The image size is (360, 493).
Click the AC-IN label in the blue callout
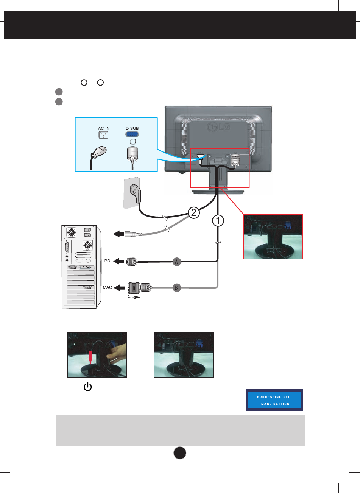pos(104,128)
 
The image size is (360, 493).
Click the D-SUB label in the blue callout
pos(132,128)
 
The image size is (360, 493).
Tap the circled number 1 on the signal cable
pos(218,221)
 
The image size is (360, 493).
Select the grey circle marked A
pos(176,261)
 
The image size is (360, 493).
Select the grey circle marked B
pos(176,288)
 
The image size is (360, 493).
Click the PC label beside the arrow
pos(107,261)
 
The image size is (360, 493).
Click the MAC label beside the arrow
pos(107,287)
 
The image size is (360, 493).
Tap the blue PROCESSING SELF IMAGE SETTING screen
pos(274,400)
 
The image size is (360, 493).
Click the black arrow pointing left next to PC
pos(119,261)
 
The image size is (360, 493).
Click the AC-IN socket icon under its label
pos(103,135)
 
